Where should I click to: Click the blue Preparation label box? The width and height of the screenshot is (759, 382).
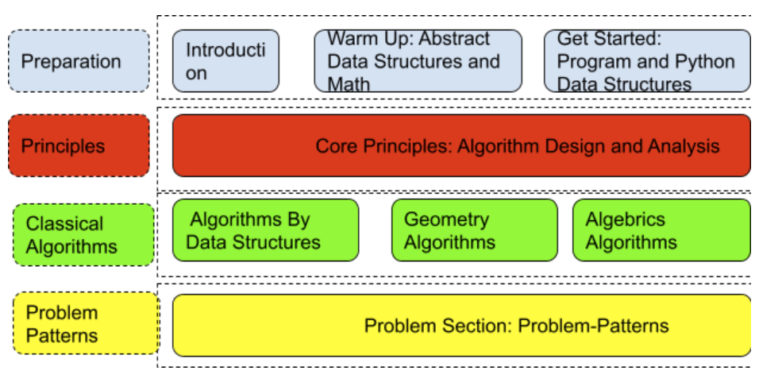[x=79, y=61]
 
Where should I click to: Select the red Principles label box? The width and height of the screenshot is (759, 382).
[x=79, y=146]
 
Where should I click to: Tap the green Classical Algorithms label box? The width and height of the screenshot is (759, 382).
[x=83, y=235]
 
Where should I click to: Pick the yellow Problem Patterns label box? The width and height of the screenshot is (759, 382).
[x=86, y=324]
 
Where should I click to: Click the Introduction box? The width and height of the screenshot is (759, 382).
[x=225, y=61]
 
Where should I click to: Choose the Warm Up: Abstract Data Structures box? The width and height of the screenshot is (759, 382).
[x=418, y=61]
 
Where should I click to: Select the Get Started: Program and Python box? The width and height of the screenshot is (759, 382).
[x=646, y=61]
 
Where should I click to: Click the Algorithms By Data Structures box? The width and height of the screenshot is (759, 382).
[x=265, y=230]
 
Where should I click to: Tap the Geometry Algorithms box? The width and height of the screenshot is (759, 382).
[x=474, y=230]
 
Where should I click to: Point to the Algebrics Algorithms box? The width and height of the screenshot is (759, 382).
[x=661, y=230]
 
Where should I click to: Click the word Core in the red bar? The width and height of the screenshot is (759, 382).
[x=336, y=146]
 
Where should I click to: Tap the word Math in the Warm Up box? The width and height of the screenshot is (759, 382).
[x=349, y=83]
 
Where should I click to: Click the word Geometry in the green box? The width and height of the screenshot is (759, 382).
[x=446, y=219]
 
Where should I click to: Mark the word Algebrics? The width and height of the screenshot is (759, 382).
[x=625, y=219]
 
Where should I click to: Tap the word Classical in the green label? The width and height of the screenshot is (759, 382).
[x=64, y=224]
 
